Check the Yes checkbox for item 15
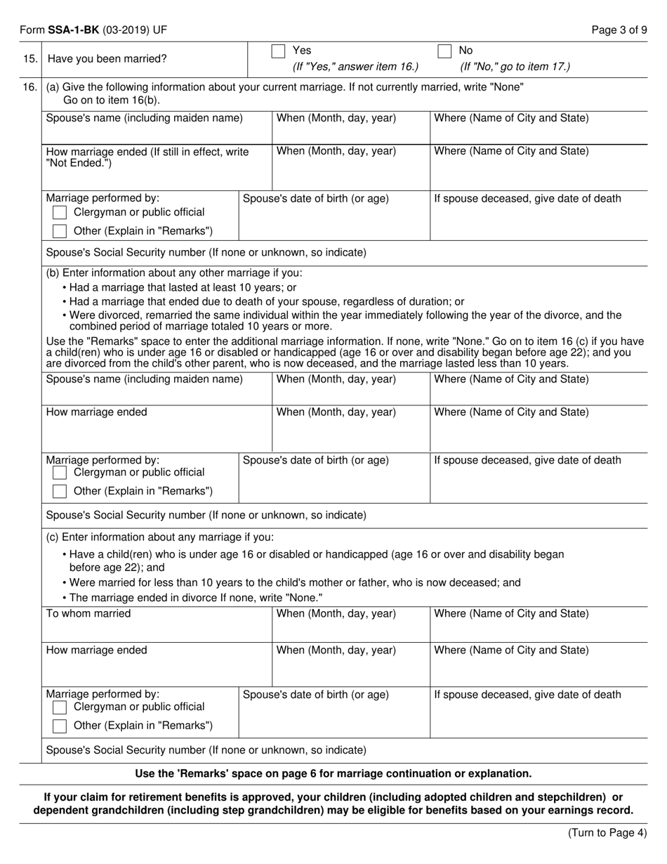(278, 51)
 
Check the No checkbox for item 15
(444, 51)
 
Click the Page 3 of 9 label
(619, 30)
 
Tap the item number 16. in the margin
(30, 87)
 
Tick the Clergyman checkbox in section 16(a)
(60, 212)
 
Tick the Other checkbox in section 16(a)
(60, 231)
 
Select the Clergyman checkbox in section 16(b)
(60, 473)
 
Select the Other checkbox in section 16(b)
(60, 491)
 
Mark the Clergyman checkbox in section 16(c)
(60, 707)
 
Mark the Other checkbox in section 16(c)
(60, 726)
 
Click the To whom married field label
(88, 614)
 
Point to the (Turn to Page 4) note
(607, 834)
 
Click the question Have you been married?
(107, 59)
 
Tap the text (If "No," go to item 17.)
(515, 67)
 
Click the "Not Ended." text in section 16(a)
(78, 164)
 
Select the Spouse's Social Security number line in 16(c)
(206, 750)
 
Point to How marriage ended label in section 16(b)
(97, 412)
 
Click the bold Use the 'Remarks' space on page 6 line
(333, 773)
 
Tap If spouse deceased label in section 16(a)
(527, 199)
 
